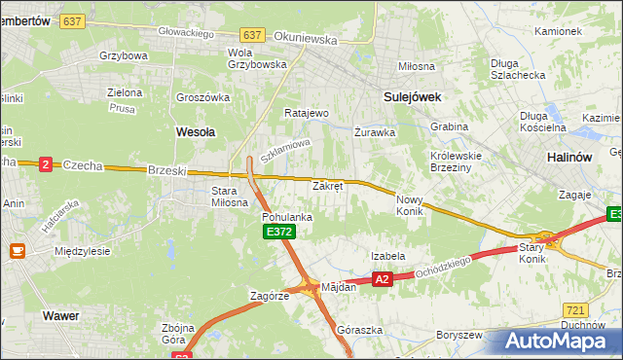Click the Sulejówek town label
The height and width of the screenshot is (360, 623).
413,96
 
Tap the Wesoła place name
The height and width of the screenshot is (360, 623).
195,129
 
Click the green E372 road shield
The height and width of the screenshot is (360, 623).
278,232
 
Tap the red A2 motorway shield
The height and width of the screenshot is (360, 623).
382,279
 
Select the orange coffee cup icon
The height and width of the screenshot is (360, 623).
17,251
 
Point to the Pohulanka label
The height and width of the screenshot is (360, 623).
286,217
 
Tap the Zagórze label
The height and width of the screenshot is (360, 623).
270,296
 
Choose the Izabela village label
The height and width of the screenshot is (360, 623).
387,256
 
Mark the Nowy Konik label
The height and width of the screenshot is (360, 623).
409,204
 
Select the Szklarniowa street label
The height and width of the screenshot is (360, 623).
284,151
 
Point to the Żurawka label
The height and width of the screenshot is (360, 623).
374,130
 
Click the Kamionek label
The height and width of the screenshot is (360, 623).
558,31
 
